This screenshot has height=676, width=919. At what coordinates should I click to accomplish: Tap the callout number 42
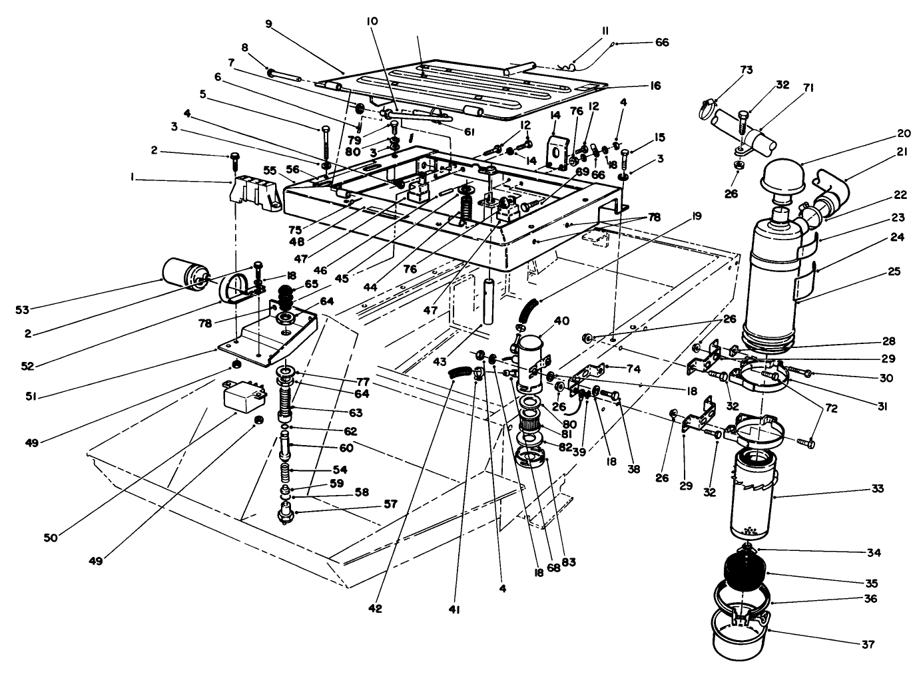tap(375, 607)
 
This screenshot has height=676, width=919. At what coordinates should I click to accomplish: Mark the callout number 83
tap(567, 562)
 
